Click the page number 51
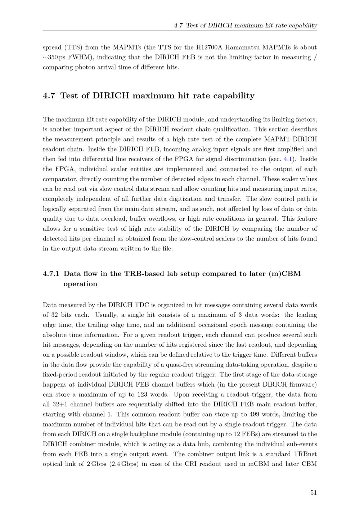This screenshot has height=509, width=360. click(313, 492)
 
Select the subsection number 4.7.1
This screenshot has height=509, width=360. click(51, 274)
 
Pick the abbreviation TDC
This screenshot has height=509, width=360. click(141, 305)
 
